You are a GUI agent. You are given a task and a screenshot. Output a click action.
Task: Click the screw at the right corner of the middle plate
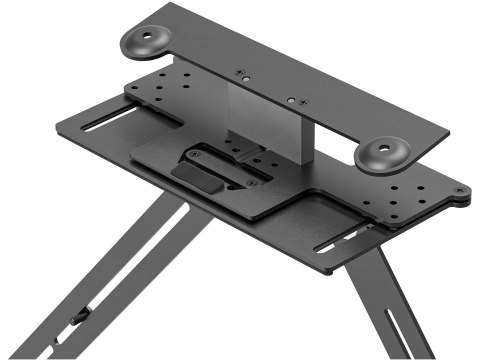click(459, 190)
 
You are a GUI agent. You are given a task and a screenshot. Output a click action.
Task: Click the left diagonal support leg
click(130, 270)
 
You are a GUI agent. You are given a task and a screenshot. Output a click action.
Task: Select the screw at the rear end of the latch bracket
click(194, 154)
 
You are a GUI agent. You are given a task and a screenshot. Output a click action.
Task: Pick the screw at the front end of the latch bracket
click(252, 182)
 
